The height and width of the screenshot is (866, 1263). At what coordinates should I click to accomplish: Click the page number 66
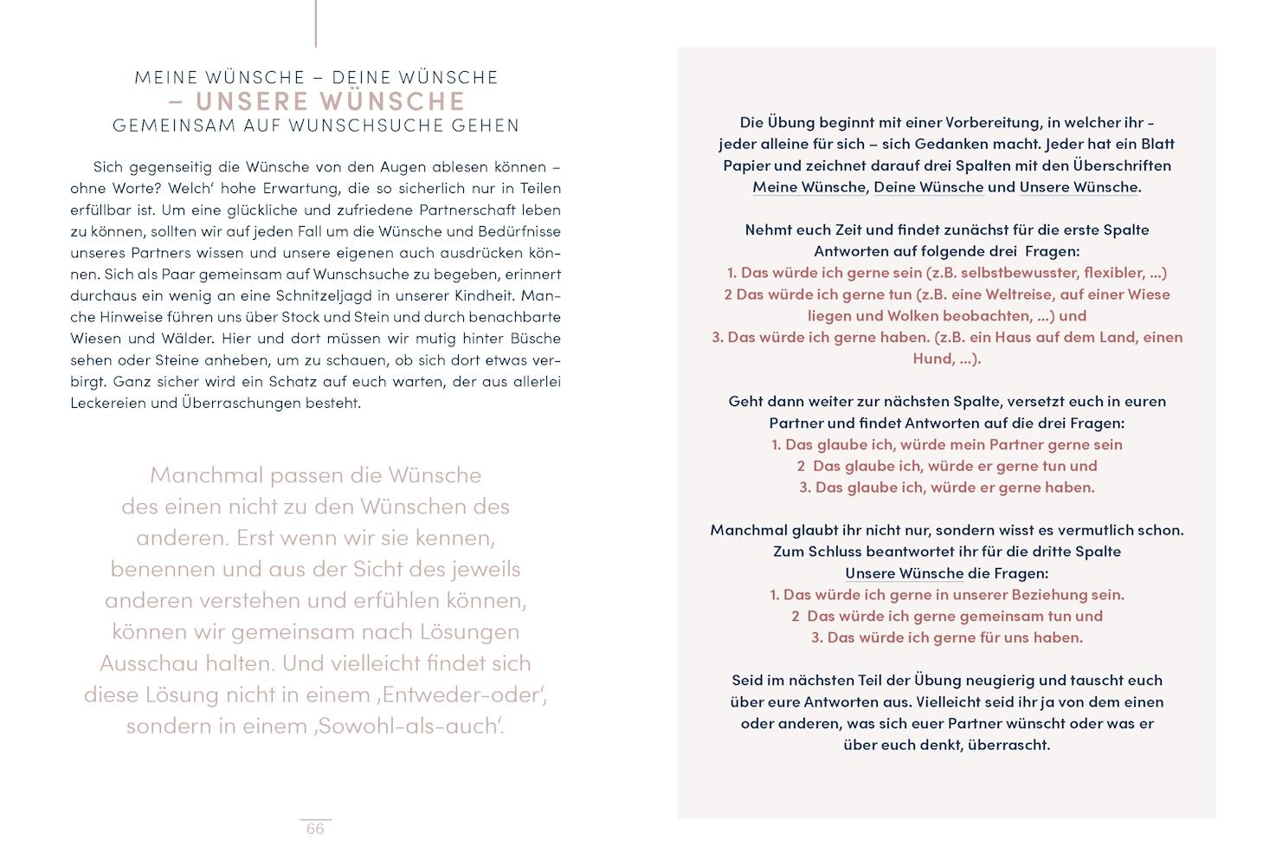coord(315,829)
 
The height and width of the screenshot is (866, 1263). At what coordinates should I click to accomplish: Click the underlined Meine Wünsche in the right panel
coord(809,187)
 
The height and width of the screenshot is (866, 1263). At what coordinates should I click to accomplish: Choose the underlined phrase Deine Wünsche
coord(928,187)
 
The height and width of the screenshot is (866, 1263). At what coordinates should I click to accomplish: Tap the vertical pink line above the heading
coord(316,23)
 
